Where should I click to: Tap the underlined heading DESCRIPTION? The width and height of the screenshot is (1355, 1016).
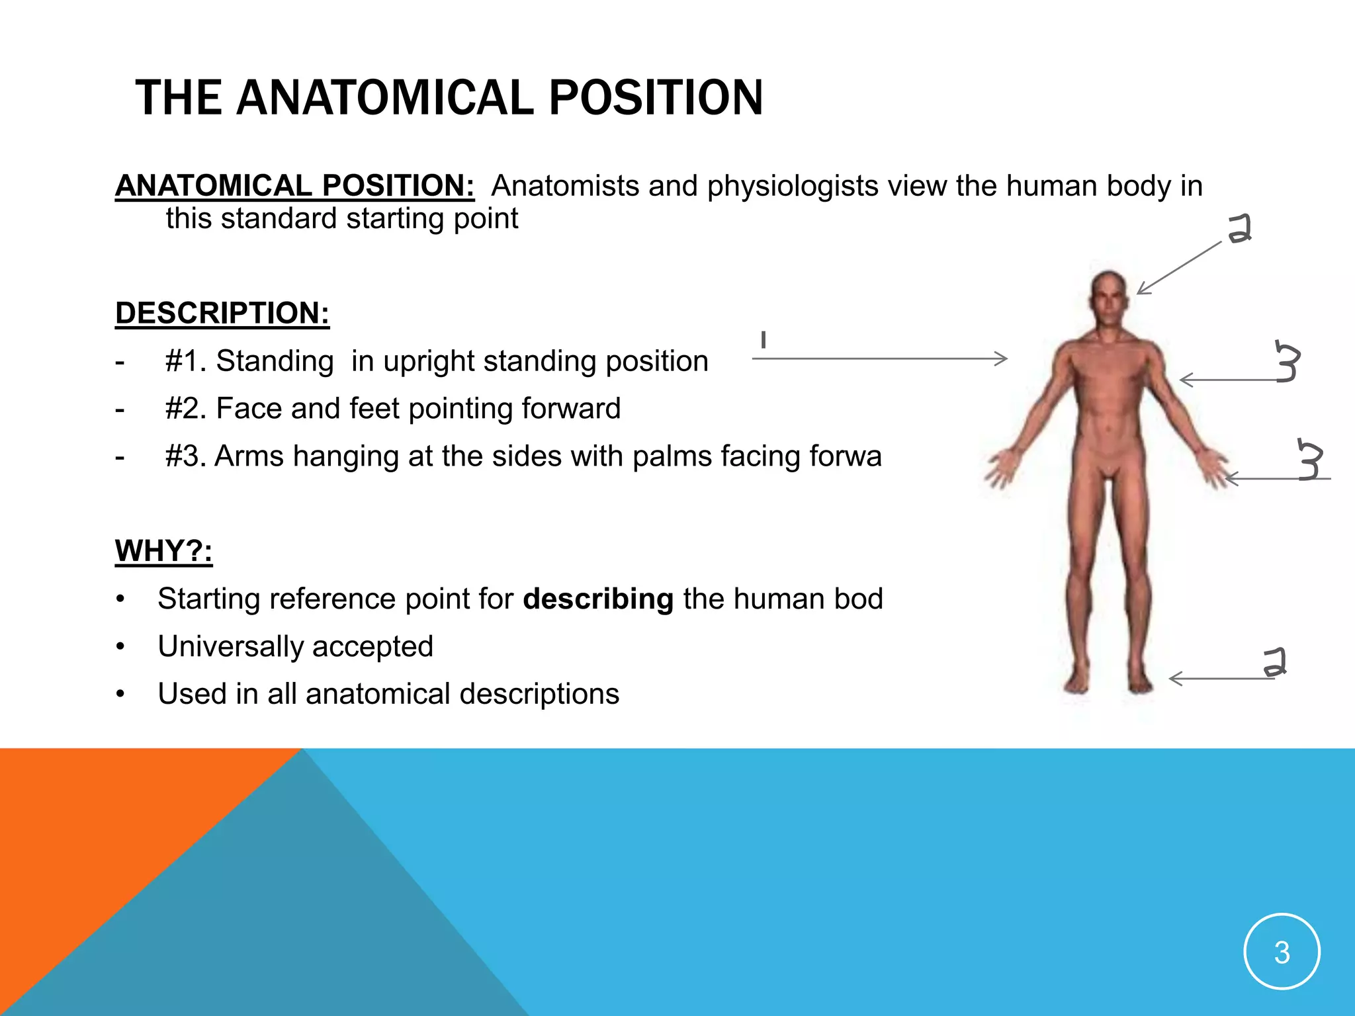point(222,313)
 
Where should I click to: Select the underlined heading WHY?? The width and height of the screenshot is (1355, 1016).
point(163,551)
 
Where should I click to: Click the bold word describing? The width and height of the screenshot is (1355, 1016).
point(598,599)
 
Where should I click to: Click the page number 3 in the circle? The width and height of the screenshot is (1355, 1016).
point(1282,952)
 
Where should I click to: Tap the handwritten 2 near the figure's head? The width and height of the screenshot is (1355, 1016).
point(1239,229)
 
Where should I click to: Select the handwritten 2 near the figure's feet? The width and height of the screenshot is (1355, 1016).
point(1274,662)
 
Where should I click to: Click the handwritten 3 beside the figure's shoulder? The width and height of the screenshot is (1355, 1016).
point(1287,362)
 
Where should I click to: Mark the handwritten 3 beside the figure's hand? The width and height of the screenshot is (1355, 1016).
point(1310,459)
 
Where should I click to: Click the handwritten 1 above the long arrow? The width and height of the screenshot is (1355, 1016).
point(764,340)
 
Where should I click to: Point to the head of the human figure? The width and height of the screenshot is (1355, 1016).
point(1110,297)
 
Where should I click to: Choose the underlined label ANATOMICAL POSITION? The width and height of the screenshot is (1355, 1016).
point(294,186)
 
